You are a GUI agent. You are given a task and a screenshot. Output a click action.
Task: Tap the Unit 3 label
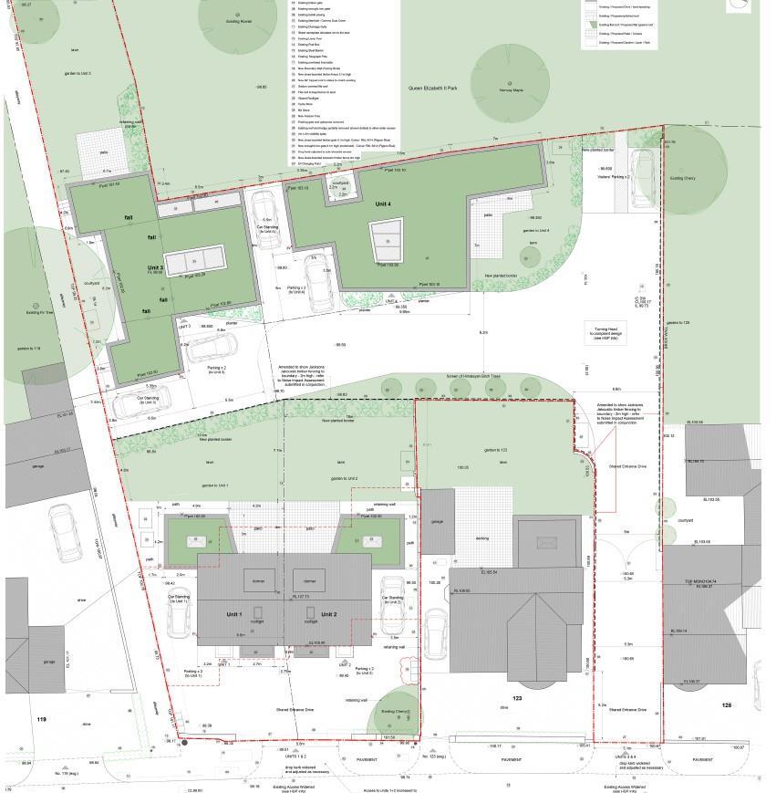(x=155, y=269)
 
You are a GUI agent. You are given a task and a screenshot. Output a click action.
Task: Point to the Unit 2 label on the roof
(x=329, y=614)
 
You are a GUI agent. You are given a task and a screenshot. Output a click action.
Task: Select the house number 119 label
(x=40, y=719)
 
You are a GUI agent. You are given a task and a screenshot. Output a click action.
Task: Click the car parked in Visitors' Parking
(x=641, y=170)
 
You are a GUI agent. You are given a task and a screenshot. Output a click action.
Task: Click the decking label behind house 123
(x=481, y=538)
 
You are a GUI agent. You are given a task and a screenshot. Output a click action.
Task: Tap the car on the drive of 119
(x=64, y=534)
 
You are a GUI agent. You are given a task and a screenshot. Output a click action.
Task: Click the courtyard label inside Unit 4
(x=340, y=183)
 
